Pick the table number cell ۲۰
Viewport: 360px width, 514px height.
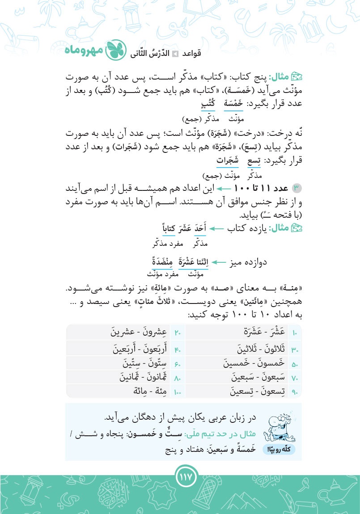[x=177, y=333]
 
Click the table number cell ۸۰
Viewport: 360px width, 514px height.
[x=177, y=378]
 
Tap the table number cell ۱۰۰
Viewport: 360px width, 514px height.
[x=177, y=392]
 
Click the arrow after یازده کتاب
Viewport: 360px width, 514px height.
[x=217, y=230]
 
